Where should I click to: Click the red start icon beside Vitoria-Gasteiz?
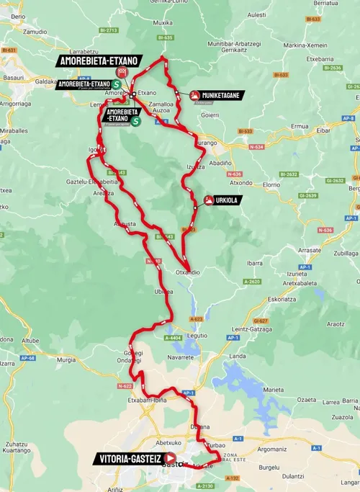[171, 457]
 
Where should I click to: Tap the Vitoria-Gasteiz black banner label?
[129, 457]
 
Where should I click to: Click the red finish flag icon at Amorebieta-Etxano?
[122, 72]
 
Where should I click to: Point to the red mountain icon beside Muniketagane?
[194, 95]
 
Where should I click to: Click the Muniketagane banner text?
[224, 95]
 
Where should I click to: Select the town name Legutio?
[198, 335]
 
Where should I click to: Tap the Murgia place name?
[66, 358]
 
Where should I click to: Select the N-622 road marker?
[122, 387]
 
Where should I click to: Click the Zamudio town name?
[34, 32]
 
